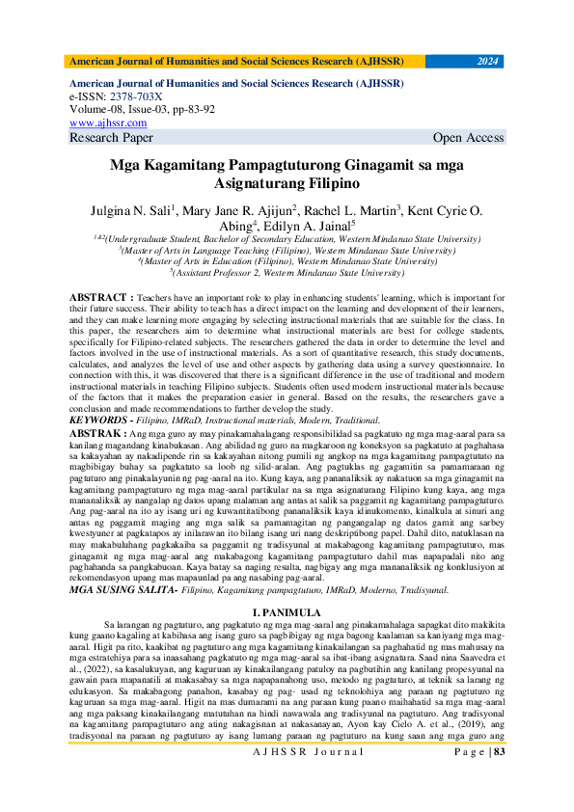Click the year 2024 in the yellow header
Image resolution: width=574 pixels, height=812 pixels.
coord(488,61)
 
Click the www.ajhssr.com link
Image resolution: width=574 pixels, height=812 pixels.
coord(108,123)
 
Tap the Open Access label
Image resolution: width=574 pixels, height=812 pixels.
coord(468,138)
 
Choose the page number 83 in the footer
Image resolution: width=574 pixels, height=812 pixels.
coord(498,778)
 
